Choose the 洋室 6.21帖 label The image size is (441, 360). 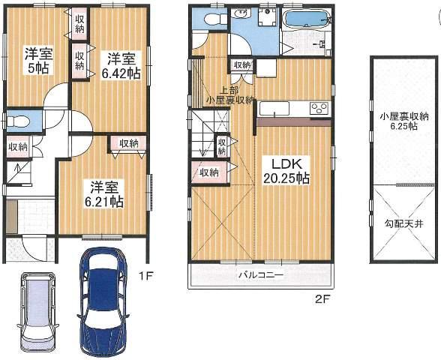tap(103, 194)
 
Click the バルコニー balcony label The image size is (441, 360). tap(260, 275)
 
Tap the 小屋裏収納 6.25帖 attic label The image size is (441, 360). tap(403, 122)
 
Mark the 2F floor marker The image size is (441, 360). tap(322, 298)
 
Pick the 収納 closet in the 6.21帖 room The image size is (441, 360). tap(128, 143)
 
